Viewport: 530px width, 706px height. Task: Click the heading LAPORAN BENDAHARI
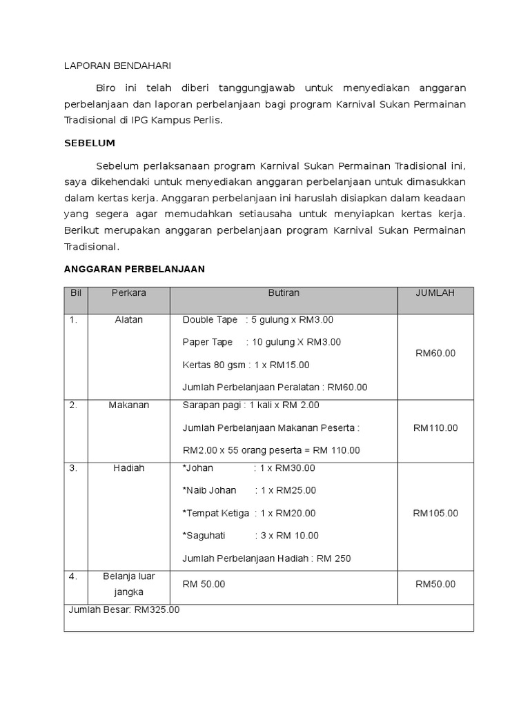tap(117, 65)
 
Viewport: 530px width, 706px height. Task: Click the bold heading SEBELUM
tap(89, 143)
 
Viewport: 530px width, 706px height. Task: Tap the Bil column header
tap(76, 293)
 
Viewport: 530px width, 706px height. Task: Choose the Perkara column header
tap(128, 293)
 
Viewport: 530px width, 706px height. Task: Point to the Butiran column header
tap(284, 293)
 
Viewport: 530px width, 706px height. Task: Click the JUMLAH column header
tap(435, 293)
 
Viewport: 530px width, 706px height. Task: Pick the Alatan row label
tap(128, 320)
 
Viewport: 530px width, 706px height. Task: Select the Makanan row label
tap(128, 405)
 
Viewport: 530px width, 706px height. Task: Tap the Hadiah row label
tap(128, 468)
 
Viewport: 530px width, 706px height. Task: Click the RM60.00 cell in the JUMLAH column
tap(435, 353)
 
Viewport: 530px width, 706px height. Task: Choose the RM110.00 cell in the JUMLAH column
tap(435, 427)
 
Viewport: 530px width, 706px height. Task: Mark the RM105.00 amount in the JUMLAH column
tap(435, 513)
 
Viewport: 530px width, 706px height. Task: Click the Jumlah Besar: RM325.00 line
tap(124, 609)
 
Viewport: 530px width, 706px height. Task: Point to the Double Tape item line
tap(257, 320)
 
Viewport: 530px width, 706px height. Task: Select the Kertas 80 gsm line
tap(246, 365)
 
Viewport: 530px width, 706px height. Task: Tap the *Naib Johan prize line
tap(249, 491)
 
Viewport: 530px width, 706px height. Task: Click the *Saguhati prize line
tap(251, 536)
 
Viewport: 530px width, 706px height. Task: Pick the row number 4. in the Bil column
tap(73, 575)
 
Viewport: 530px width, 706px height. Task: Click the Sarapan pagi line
tap(251, 405)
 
